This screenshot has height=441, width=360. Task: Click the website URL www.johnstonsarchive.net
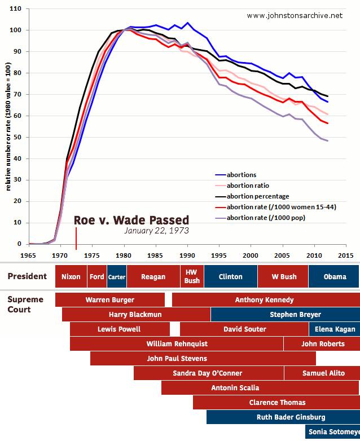[295, 15]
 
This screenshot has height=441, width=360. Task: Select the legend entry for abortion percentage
[258, 196]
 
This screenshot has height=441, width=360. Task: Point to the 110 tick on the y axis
[16, 9]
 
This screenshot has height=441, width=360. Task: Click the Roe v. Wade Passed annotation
[131, 219]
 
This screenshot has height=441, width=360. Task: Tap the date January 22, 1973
[156, 231]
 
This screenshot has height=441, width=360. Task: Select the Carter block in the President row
[117, 277]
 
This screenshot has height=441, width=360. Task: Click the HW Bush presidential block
[192, 276]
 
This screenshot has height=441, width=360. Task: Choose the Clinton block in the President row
[230, 277]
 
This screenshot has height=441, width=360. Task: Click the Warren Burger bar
[109, 300]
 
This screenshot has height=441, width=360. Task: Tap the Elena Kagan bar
[335, 329]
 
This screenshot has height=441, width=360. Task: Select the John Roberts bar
[322, 343]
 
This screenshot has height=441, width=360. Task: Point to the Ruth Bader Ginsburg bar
[283, 417]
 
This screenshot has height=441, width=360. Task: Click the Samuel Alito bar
[322, 373]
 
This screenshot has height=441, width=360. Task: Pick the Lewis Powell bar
[119, 329]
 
